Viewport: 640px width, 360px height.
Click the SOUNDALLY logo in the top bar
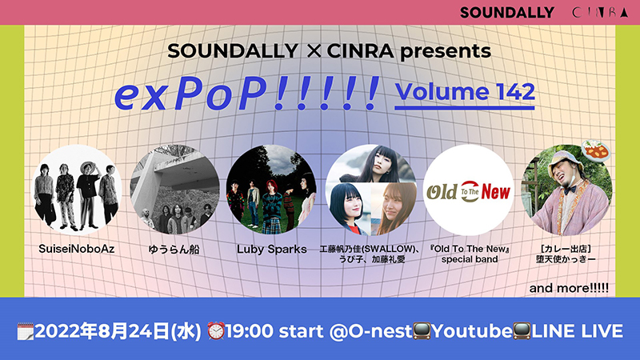tap(507, 13)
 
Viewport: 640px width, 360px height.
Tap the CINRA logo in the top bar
tap(600, 13)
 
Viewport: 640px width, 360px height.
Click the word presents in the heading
tap(446, 51)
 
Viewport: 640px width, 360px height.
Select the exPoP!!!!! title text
tap(247, 93)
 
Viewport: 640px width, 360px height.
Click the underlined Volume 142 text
tap(465, 92)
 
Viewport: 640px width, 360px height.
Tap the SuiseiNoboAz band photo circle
tap(77, 190)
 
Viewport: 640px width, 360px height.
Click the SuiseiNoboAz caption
tap(76, 249)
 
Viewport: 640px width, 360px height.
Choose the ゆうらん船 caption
tap(174, 249)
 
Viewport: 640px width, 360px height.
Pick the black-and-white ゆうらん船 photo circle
tap(174, 190)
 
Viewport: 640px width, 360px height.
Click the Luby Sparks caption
tap(272, 249)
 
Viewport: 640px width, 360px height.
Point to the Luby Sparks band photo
tap(271, 190)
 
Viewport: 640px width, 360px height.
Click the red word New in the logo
tap(495, 191)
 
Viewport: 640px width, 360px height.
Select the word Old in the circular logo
tap(442, 192)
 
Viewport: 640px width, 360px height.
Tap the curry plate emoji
tap(596, 150)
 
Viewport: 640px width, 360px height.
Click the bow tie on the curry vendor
tap(570, 189)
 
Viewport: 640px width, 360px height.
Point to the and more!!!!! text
tap(569, 288)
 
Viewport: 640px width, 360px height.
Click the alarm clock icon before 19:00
tap(216, 330)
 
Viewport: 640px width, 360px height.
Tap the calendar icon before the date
tap(26, 331)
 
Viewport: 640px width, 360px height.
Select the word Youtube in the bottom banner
tap(471, 331)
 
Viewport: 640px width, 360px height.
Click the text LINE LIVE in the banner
tap(577, 331)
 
